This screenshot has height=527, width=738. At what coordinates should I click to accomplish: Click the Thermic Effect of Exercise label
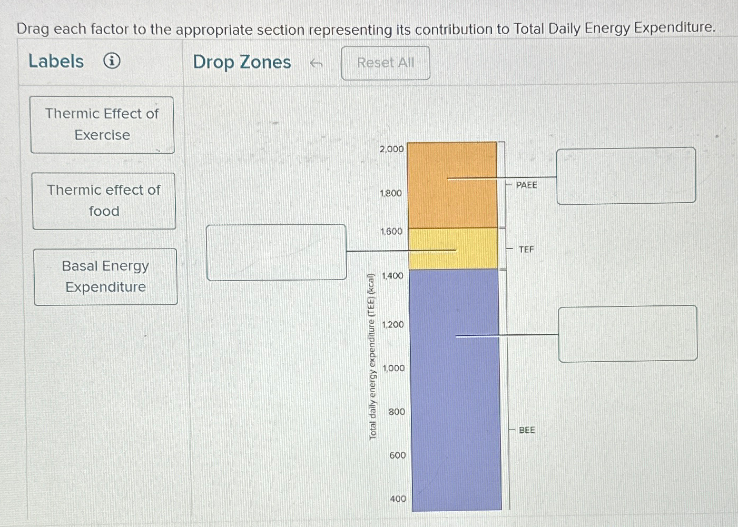point(102,125)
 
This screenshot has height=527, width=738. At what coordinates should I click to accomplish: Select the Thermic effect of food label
point(104,201)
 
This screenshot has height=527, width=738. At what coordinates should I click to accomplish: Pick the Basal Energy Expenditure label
point(105,276)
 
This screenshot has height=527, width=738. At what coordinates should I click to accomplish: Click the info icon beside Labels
point(112,62)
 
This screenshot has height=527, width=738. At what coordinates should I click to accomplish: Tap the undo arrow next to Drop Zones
point(316,64)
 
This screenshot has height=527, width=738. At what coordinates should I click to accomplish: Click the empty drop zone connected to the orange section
point(626,175)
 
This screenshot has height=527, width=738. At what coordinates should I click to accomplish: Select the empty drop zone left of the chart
point(277,252)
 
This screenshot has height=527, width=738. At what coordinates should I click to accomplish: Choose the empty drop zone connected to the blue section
point(627,333)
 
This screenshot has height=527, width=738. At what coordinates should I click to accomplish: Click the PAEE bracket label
point(526,185)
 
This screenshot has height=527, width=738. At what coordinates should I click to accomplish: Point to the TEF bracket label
point(526,249)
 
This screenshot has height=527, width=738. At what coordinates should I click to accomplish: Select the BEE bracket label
point(526,430)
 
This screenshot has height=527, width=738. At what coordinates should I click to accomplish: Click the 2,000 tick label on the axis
point(391,149)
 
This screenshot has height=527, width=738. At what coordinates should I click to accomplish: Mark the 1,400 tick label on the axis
point(392,275)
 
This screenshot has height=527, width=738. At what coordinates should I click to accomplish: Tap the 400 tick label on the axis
point(398,498)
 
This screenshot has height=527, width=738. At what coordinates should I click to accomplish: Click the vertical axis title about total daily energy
point(372,356)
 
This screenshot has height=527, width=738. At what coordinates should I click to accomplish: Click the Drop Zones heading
point(242,62)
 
